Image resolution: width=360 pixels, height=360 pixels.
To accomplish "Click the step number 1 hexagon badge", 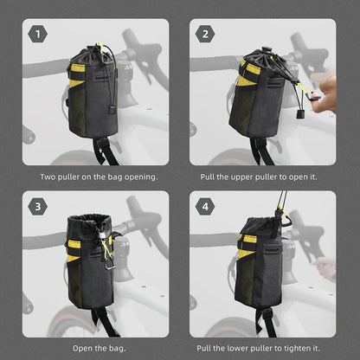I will pyautogui.click(x=37, y=35).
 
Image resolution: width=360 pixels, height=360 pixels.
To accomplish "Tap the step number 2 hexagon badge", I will pyautogui.click(x=205, y=35).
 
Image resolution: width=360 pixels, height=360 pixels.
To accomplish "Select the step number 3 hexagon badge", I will pyautogui.click(x=37, y=208).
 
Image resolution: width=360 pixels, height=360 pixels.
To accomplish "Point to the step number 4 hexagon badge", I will pyautogui.click(x=205, y=208).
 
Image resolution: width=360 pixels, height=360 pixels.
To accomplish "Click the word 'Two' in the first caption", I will pyautogui.click(x=48, y=177).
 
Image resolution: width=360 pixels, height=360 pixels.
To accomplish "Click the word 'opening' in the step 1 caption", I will pyautogui.click(x=140, y=177).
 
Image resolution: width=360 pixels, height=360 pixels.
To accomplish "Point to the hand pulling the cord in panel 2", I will pyautogui.click(x=326, y=87).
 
